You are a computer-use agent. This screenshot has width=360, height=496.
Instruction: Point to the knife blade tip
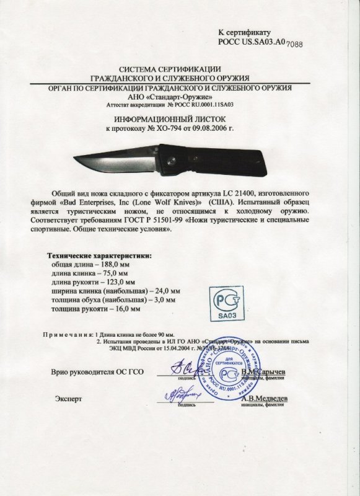click(76, 157)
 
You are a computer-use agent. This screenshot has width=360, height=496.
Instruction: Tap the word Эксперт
click(68, 399)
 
